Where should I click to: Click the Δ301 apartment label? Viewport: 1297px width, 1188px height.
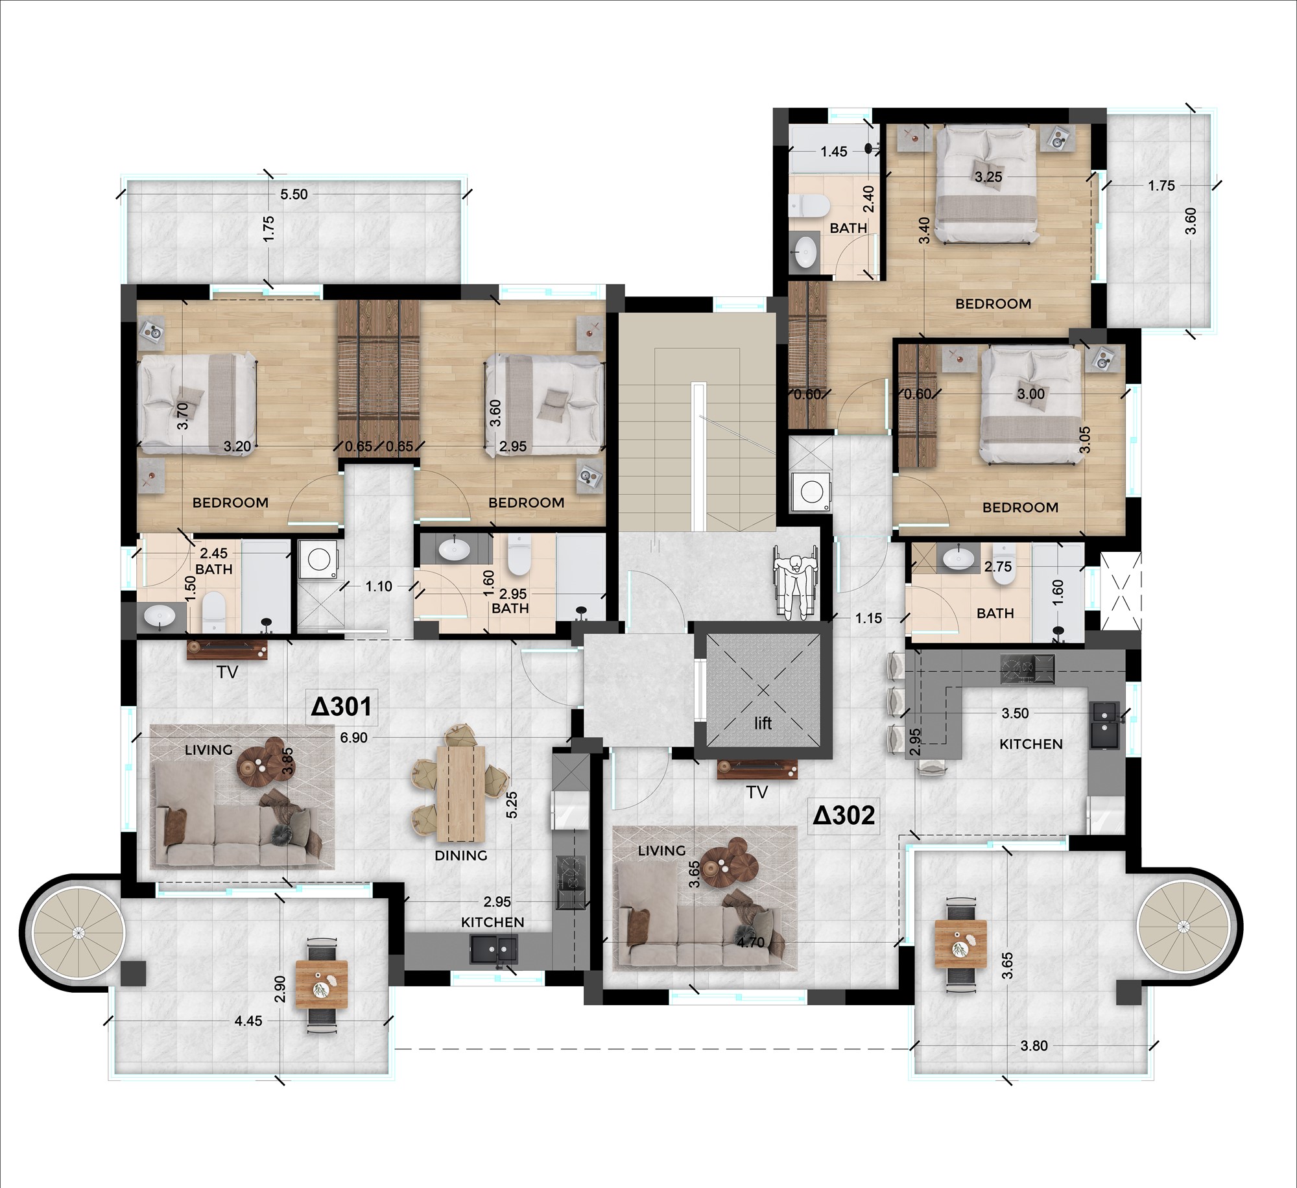(341, 706)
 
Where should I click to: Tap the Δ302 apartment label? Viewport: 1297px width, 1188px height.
(844, 814)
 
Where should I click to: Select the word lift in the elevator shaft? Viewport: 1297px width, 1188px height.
(763, 722)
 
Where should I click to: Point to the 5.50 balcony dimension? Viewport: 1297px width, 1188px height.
(294, 194)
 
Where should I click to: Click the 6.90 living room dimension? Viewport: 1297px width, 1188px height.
(353, 738)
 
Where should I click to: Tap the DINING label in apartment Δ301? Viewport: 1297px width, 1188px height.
(461, 855)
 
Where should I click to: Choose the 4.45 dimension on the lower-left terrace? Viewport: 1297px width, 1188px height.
(248, 1021)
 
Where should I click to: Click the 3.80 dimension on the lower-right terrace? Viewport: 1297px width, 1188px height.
(1034, 1045)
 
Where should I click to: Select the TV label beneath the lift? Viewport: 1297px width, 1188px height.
(757, 792)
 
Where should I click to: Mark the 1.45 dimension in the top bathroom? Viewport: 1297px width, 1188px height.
(834, 152)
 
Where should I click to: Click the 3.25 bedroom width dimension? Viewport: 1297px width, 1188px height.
(989, 176)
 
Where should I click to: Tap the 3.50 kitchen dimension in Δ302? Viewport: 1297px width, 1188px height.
(1016, 713)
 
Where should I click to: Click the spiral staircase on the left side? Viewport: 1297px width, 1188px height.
(77, 933)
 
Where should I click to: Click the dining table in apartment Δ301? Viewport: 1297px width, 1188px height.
(461, 792)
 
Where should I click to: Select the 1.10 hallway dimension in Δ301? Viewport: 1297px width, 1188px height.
(379, 586)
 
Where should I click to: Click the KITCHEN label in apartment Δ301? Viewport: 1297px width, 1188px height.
(493, 921)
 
